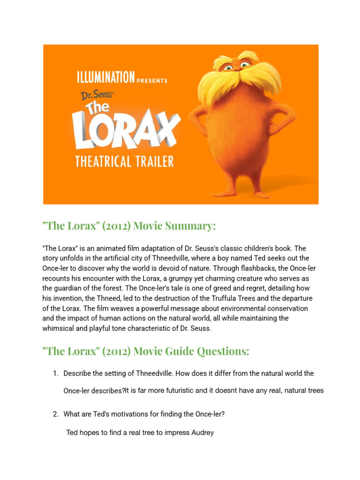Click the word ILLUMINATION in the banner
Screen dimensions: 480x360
point(105,76)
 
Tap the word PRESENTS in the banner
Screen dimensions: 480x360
point(152,81)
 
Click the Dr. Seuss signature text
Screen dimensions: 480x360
point(96,95)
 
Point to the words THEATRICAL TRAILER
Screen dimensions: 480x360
point(124,162)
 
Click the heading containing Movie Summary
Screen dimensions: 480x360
point(129,226)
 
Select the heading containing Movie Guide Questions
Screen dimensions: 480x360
point(146,351)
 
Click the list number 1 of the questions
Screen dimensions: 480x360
point(55,374)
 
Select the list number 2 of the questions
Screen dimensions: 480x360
point(55,414)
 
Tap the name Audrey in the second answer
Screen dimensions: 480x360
point(202,433)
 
